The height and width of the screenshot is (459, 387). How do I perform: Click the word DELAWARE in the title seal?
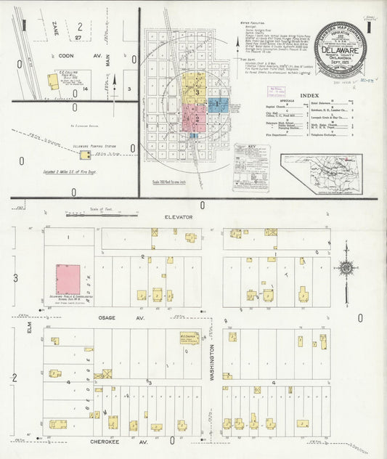pyautogui.click(x=340, y=51)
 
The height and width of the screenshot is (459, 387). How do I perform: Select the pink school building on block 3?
pyautogui.click(x=68, y=280)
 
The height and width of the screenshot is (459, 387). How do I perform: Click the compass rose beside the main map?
pyautogui.click(x=346, y=267)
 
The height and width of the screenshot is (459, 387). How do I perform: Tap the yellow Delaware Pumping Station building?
pyautogui.click(x=85, y=155)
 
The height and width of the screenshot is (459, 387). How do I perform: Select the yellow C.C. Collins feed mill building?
pyautogui.click(x=53, y=81)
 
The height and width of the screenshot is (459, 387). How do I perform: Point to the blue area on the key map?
pyautogui.click(x=219, y=105)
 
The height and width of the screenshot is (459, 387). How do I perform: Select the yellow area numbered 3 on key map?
pyautogui.click(x=195, y=90)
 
